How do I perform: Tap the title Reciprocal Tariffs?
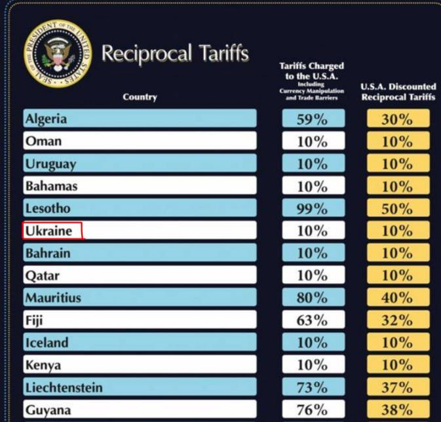[x=175, y=54]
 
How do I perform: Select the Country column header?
[x=140, y=97]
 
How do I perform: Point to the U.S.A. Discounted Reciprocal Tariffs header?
[x=398, y=92]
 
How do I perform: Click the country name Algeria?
[x=46, y=119]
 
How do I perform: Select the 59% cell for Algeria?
[x=313, y=119]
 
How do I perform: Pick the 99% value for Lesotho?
[x=313, y=208]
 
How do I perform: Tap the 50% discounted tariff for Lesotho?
[x=397, y=208]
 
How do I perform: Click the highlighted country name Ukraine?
[x=49, y=231]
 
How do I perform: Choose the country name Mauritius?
[x=53, y=298]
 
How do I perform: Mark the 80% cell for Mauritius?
[x=313, y=298]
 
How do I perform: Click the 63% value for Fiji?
[x=313, y=320]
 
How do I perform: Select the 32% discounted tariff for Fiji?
[x=397, y=320]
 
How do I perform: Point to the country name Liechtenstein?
[x=64, y=388]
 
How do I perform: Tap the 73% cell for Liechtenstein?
[x=313, y=388]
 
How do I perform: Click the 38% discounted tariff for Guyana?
[x=397, y=410]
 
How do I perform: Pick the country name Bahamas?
[x=52, y=186]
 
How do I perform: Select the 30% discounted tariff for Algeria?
[x=397, y=119]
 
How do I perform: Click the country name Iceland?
[x=47, y=343]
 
